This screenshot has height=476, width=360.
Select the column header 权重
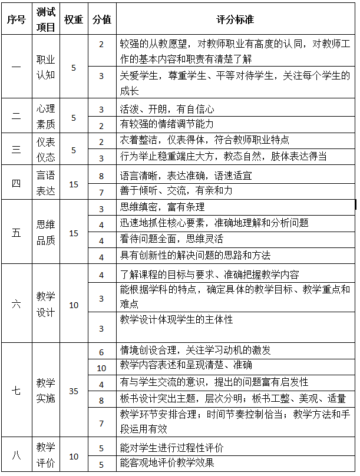click(x=74, y=19)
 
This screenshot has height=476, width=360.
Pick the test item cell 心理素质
click(x=46, y=117)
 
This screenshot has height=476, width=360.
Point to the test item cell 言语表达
click(x=46, y=183)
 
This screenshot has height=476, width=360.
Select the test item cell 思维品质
click(x=46, y=232)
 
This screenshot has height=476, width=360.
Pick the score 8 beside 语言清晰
click(x=101, y=176)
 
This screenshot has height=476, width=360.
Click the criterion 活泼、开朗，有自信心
click(x=167, y=109)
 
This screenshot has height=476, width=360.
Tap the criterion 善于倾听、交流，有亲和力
click(x=176, y=191)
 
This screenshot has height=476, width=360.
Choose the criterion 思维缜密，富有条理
click(x=163, y=207)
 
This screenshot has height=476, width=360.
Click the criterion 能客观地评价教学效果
click(x=167, y=463)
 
